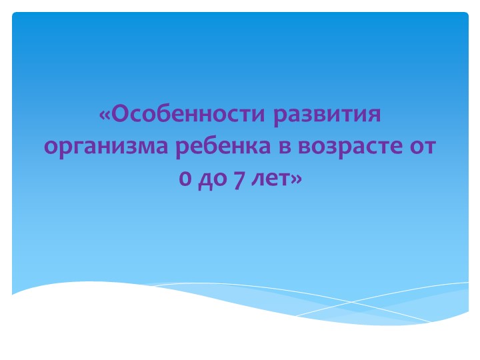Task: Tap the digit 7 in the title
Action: click(237, 179)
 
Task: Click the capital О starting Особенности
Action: click(120, 115)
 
